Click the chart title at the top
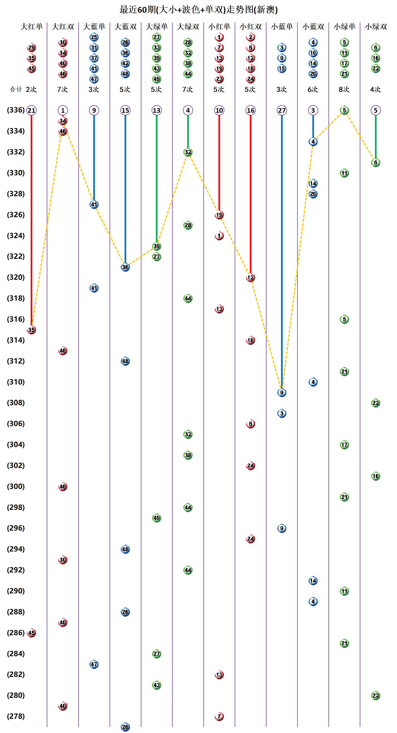coord(198,10)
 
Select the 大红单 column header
coord(32,27)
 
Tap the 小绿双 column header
coord(376,27)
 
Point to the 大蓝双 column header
coord(125,27)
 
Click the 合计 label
coord(16,89)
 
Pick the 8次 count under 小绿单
coord(344,89)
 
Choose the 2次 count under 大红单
coord(31,89)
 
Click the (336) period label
coord(16,110)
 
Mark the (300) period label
coord(16,486)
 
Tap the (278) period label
coord(16,716)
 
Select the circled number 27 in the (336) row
coord(282,110)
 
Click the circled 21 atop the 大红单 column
coord(31,110)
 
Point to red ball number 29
coord(31,48)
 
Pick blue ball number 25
coord(94,37)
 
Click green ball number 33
coord(157,48)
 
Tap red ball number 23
coord(219,79)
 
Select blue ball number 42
coord(125,63)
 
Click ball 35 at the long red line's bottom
coord(31,330)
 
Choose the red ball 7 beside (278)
coord(219,716)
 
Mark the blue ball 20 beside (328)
coord(313,194)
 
